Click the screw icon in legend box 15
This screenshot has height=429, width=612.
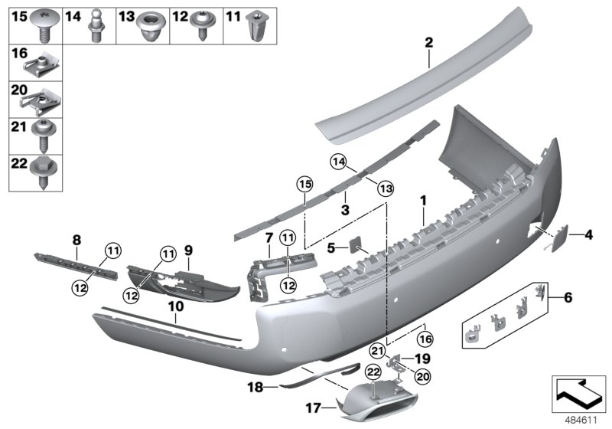(43, 24)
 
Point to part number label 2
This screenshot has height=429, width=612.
(429, 43)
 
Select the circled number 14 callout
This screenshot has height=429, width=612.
(340, 162)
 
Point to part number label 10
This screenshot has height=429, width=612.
(176, 306)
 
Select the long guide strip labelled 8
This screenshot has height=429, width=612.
(75, 264)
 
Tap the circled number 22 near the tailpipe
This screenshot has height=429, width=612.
(372, 372)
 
